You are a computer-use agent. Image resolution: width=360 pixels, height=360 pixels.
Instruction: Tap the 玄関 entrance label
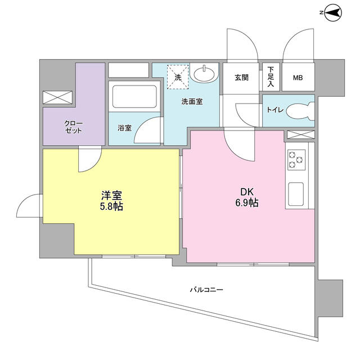241,78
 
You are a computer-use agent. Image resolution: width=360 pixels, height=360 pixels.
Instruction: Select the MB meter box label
298,78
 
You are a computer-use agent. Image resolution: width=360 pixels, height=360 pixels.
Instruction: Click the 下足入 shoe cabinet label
271,76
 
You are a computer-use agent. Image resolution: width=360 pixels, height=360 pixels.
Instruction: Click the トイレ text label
275,110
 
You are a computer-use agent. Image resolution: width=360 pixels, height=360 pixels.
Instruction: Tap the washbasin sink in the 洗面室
204,73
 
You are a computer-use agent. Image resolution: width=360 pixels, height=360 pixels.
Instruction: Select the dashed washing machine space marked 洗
178,77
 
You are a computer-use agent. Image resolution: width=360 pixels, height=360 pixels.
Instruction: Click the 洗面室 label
192,101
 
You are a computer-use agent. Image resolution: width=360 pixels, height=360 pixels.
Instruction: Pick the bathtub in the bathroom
134,96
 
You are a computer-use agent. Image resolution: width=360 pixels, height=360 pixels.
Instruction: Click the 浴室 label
125,128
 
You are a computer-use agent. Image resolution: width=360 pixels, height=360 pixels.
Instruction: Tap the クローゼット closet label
74,127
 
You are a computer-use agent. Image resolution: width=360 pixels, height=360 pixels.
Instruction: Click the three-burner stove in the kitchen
296,160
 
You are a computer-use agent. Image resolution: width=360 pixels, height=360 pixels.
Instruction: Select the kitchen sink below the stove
296,194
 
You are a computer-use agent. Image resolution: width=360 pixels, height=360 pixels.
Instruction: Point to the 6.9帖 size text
247,202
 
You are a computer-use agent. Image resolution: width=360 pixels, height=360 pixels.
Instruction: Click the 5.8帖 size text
111,206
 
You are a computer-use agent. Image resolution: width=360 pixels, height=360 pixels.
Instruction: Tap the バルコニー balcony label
206,290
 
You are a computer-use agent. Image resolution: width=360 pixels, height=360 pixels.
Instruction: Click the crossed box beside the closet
57,97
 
